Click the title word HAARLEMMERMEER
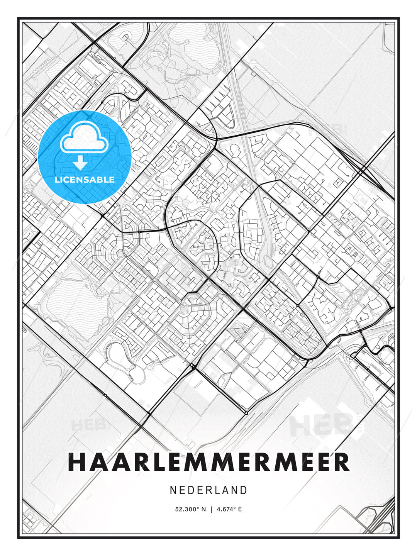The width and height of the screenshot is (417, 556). [208, 462]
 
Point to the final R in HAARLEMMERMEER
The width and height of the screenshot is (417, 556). [342, 462]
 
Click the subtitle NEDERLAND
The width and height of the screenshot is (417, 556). [208, 490]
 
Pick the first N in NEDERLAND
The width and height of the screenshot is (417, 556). [173, 490]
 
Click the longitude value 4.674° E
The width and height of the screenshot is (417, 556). [229, 509]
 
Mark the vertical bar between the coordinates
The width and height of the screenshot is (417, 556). [211, 509]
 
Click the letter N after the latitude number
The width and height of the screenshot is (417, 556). [204, 509]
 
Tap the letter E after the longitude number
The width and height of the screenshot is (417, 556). [240, 509]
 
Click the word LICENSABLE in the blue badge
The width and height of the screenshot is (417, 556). [85, 180]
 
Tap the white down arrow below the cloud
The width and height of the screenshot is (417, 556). [80, 163]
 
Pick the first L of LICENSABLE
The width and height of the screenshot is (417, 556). [57, 180]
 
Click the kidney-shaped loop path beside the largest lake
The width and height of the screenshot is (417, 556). [120, 357]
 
